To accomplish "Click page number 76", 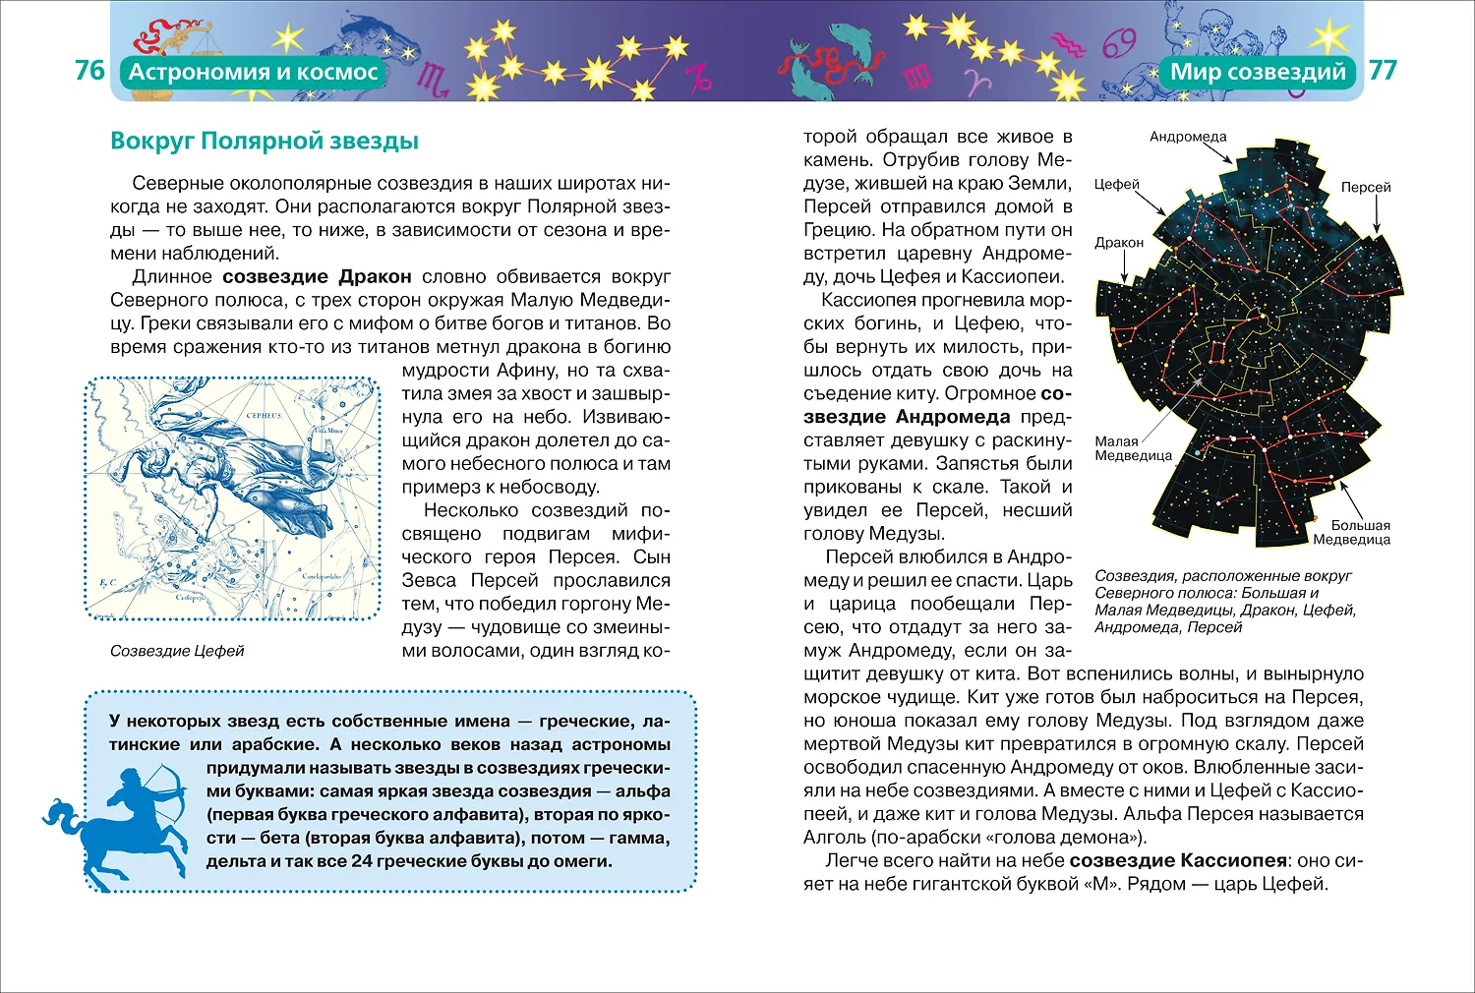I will [89, 71].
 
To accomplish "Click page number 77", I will [1383, 71].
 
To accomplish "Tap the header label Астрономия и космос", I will [253, 72].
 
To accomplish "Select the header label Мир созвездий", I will [1258, 72].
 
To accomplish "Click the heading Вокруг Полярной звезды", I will [265, 141].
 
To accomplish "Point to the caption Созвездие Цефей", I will [177, 651].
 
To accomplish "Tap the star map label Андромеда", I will [1188, 137].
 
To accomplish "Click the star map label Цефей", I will [1116, 184].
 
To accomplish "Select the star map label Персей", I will [1366, 187].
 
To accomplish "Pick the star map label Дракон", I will [1119, 242].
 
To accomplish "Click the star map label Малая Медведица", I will [1133, 448].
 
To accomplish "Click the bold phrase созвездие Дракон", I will [317, 276].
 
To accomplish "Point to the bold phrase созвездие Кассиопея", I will [1178, 860].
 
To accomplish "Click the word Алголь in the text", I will [833, 838].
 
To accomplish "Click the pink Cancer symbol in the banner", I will [1119, 43].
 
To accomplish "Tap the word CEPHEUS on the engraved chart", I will [263, 416].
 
